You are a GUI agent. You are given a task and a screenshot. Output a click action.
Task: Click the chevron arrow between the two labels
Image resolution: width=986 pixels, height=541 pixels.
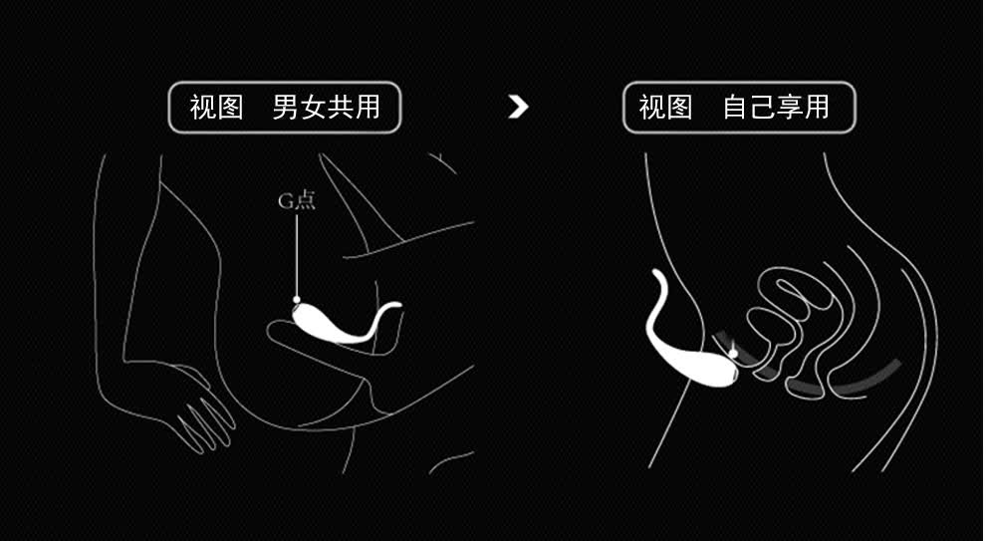coord(518,107)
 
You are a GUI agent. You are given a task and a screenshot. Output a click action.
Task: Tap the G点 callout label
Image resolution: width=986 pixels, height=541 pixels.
coord(296,199)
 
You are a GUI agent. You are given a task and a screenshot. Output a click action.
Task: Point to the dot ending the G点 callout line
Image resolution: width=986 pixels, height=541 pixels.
coord(296,299)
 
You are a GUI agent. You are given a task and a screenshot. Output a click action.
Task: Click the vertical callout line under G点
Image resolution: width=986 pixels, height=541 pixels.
coord(296,254)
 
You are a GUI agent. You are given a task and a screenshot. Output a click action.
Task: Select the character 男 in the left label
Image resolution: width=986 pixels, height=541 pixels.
coord(286,108)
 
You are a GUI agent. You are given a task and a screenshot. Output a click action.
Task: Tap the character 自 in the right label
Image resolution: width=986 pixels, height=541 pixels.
coord(736,108)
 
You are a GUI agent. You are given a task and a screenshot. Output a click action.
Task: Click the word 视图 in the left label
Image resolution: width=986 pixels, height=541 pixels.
coord(217,108)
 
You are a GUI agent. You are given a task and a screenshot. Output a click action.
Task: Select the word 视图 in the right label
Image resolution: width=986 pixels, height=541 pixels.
coord(665,108)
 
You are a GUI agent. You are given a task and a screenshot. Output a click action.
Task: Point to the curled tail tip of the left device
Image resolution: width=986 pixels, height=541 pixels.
coord(397,307)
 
